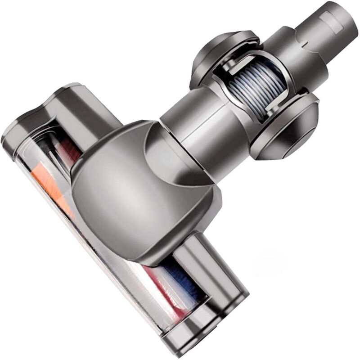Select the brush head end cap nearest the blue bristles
[x=220, y=315]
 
